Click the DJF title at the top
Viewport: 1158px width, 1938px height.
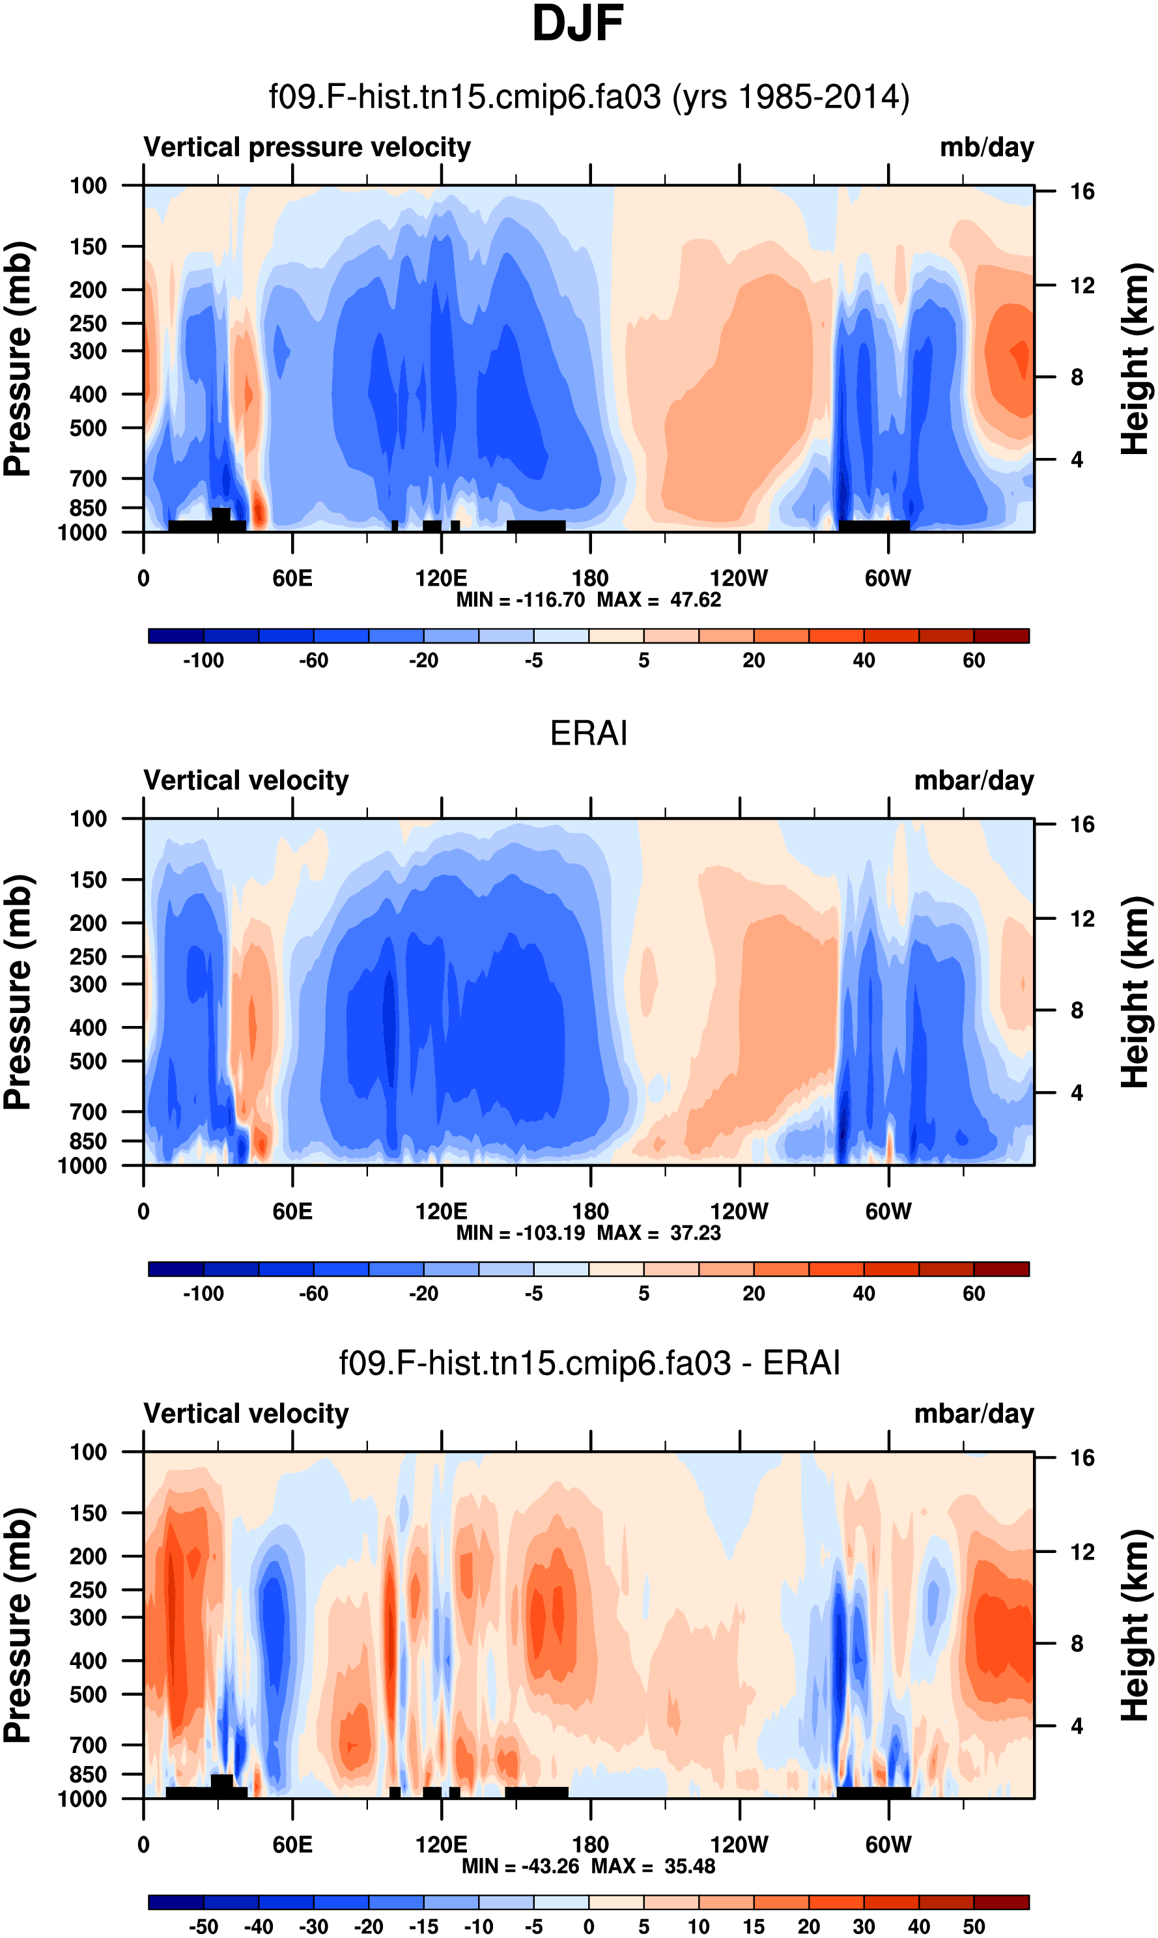point(578,23)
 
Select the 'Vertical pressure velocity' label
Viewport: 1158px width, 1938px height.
point(307,147)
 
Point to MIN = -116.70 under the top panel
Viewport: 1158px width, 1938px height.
point(520,600)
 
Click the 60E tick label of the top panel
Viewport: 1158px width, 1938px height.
point(292,578)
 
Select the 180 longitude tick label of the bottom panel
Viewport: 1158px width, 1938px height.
point(590,1844)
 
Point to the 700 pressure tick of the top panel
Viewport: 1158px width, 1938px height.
point(88,478)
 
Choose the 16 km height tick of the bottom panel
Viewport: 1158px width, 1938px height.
point(1082,1458)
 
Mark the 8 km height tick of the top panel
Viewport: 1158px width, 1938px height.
point(1077,378)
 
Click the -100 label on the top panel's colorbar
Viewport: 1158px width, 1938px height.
point(203,661)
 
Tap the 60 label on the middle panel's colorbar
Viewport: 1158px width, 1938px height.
point(973,1294)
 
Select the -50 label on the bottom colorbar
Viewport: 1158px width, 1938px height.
point(203,1927)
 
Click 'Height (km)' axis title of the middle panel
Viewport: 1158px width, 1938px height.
point(1135,992)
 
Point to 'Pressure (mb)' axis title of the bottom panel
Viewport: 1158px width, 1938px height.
point(17,1625)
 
